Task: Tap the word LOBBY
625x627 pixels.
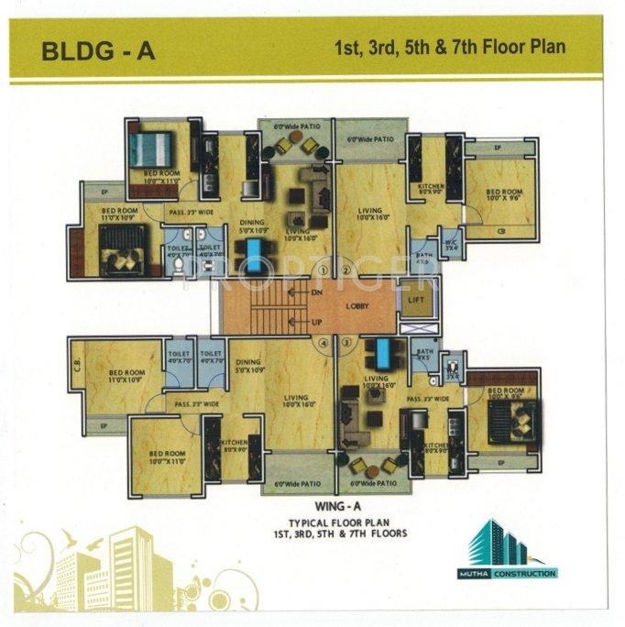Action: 356,306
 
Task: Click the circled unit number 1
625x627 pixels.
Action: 323,270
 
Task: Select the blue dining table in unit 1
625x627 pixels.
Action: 251,250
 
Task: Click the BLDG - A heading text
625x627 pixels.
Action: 98,51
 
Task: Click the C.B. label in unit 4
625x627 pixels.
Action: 76,363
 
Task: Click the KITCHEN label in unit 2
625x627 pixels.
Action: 431,188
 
